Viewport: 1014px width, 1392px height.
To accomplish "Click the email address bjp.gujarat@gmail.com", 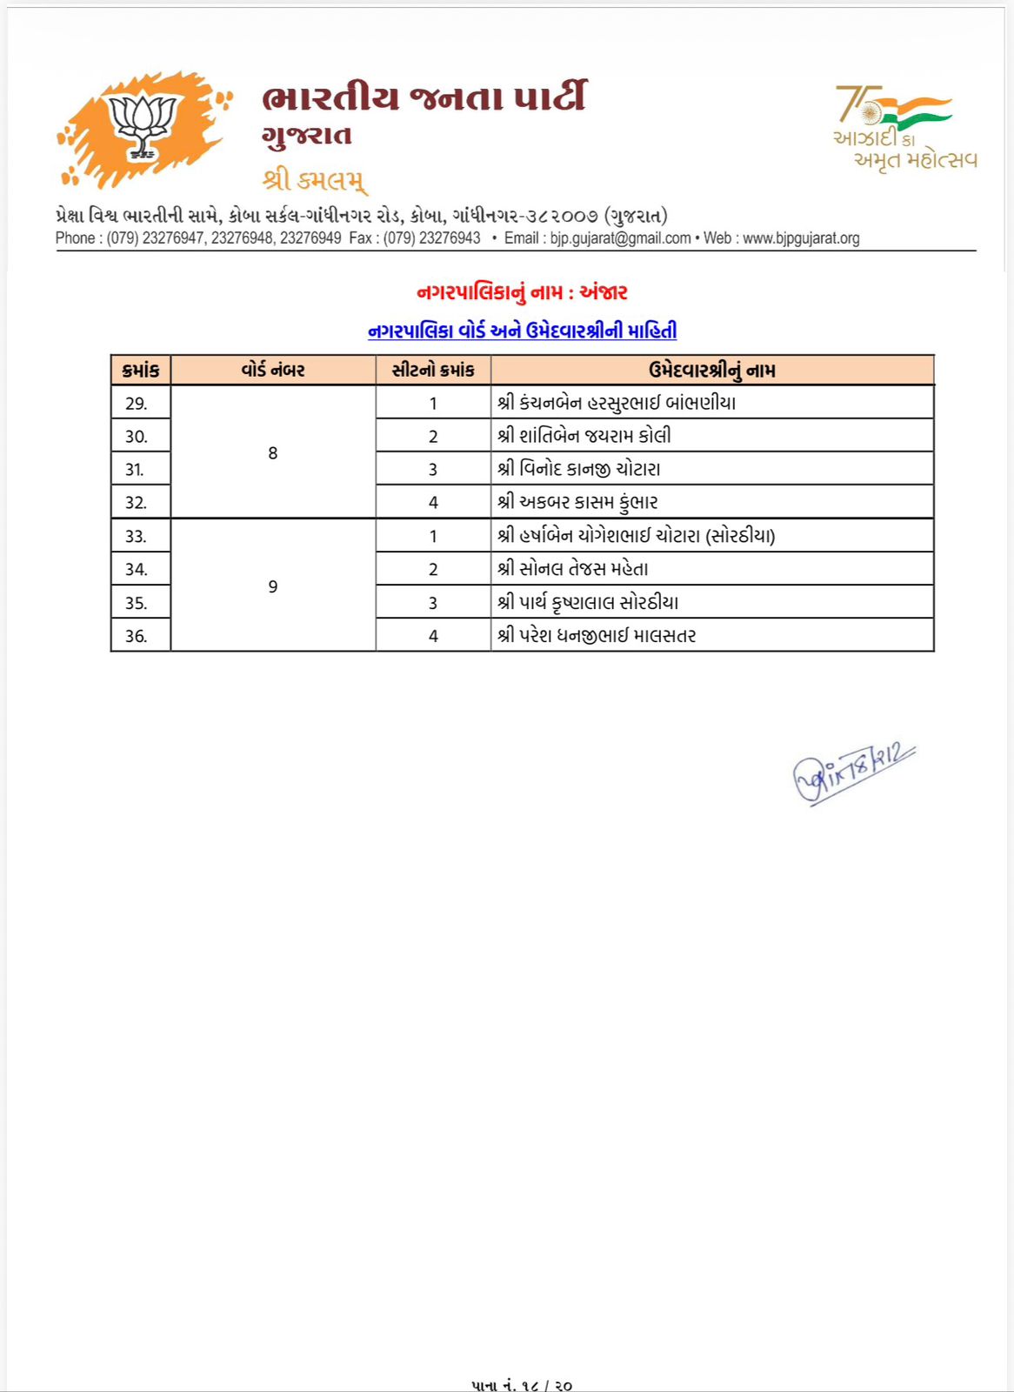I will coord(620,238).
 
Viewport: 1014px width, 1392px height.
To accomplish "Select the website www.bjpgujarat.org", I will coord(800,238).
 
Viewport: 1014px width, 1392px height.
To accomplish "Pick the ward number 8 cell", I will coord(273,453).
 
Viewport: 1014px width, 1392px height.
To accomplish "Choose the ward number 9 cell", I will coord(273,587).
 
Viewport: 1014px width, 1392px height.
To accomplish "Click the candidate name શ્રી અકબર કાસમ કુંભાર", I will coord(577,503).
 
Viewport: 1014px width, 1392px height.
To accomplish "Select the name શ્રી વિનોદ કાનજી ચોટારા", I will coord(578,470).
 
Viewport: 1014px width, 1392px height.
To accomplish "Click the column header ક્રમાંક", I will coord(141,371).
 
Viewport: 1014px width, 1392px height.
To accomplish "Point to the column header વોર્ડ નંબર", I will coord(273,371).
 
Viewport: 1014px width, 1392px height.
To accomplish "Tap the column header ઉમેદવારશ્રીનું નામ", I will coord(711,371).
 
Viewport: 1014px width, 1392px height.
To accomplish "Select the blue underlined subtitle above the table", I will coord(522,331).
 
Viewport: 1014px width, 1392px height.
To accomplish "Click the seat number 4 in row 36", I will coord(433,636).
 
